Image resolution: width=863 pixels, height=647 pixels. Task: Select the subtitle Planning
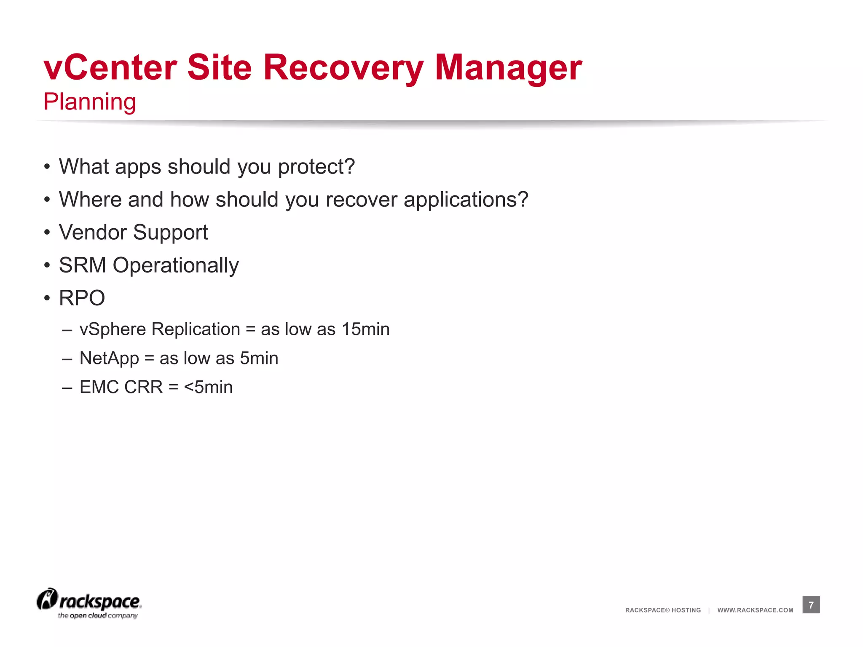[x=90, y=102]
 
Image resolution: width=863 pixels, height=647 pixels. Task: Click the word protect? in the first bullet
[x=316, y=167]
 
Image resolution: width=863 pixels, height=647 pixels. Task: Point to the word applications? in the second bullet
[x=466, y=200]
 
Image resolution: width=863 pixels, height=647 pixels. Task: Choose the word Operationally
[x=176, y=265]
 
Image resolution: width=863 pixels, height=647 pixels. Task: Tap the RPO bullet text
[x=82, y=298]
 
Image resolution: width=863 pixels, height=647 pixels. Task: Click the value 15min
[x=365, y=329]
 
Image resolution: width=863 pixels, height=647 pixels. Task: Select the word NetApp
[x=109, y=358]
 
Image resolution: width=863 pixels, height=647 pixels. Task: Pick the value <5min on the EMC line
[x=208, y=387]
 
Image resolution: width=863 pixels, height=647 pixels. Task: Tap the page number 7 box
[x=811, y=605]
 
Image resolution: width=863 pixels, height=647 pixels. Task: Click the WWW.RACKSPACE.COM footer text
[x=755, y=610]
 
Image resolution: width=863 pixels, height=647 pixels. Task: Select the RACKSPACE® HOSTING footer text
[x=663, y=610]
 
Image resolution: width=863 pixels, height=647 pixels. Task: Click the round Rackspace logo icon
[x=47, y=599]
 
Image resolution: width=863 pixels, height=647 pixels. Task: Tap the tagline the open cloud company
[x=98, y=616]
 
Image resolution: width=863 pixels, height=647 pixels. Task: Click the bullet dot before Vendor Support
[x=47, y=233]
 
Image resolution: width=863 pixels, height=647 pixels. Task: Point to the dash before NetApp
[x=67, y=359]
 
